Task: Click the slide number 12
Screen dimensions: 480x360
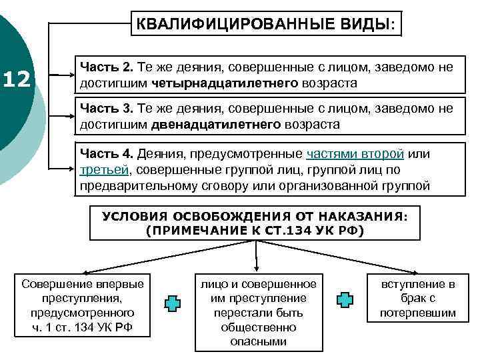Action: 17,80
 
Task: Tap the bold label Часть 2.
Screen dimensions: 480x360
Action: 107,67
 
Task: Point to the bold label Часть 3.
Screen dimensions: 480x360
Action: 107,108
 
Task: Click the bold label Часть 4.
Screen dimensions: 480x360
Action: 107,154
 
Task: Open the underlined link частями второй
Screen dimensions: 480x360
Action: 355,154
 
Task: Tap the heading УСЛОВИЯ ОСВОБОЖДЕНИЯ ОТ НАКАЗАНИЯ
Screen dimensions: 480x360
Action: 254,217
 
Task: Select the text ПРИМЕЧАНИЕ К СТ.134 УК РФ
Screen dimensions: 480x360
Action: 254,230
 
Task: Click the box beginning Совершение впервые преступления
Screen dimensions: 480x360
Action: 83,305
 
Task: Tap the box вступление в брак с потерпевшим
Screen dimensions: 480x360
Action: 418,298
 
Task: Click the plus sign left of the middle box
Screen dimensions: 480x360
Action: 173,302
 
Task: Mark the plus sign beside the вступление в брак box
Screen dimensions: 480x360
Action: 345,300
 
